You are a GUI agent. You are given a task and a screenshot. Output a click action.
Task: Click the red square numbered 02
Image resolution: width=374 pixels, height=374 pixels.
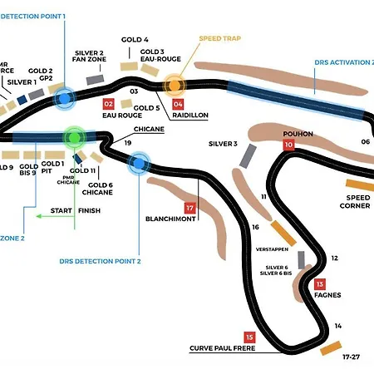108,104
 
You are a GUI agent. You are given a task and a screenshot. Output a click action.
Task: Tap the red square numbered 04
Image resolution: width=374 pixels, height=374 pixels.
178,104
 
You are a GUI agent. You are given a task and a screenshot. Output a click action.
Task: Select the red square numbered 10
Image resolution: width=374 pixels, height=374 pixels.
288,145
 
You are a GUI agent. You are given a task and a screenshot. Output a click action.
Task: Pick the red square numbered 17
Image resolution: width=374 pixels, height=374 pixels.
190,208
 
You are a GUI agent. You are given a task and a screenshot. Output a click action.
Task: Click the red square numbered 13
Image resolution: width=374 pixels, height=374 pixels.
319,283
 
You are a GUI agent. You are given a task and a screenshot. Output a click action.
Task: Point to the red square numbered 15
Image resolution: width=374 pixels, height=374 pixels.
249,337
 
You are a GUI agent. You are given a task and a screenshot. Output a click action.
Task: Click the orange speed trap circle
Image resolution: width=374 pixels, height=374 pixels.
174,84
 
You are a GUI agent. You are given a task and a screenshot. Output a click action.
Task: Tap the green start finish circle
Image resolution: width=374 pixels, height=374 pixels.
75,135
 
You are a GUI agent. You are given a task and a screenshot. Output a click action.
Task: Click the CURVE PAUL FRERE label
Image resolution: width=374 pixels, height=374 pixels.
222,348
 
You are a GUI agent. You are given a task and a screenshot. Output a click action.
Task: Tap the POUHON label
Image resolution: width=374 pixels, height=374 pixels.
298,133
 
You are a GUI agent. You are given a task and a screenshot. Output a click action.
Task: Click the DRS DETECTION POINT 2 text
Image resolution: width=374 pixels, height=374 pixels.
100,261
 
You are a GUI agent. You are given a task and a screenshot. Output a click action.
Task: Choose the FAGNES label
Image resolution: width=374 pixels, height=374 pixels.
327,294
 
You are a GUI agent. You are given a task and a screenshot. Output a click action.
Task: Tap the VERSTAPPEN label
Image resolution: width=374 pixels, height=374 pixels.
272,249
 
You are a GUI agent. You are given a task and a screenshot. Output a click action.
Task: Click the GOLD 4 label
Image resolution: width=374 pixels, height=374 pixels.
135,39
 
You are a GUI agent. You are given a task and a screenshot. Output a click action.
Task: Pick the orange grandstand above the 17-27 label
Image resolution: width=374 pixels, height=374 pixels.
331,347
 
